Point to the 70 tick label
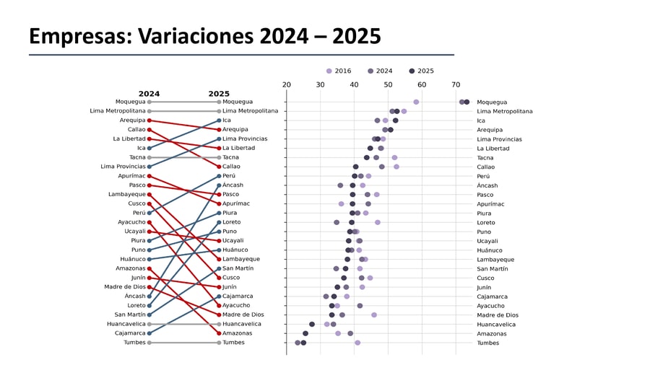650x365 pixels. click(456, 85)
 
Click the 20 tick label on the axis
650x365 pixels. click(287, 85)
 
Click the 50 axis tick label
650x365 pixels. click(388, 85)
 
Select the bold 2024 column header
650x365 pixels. click(149, 94)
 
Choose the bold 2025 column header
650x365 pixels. click(219, 94)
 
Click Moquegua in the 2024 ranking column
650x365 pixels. click(130, 102)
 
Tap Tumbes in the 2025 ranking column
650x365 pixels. click(233, 343)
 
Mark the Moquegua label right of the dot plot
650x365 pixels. click(492, 102)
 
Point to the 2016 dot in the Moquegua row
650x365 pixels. click(416, 102)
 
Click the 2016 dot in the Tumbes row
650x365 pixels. click(357, 343)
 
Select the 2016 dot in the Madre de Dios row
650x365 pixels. click(374, 315)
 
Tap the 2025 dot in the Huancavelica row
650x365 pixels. click(312, 324)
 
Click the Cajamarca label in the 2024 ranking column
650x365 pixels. click(129, 333)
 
